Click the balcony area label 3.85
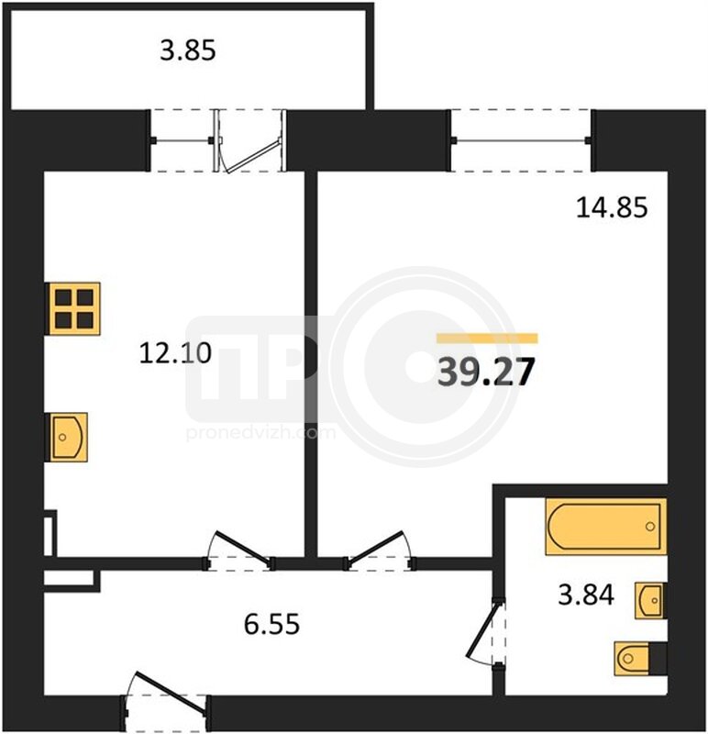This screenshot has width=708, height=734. pyautogui.click(x=188, y=50)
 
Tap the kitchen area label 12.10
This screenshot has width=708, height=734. pyautogui.click(x=175, y=353)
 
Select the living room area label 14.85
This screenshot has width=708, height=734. pyautogui.click(x=612, y=207)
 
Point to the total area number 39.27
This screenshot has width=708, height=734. pyautogui.click(x=486, y=373)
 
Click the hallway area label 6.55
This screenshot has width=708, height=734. pyautogui.click(x=271, y=624)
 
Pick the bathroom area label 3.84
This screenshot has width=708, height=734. pyautogui.click(x=586, y=595)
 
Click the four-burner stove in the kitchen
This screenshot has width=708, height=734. pyautogui.click(x=73, y=308)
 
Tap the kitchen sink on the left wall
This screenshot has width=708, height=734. pyautogui.click(x=67, y=438)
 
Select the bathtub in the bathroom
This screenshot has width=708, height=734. pyautogui.click(x=606, y=527)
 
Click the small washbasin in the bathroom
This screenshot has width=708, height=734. pyautogui.click(x=650, y=600)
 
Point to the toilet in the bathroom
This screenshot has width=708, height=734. pyautogui.click(x=641, y=659)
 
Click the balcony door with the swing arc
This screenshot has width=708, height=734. pyautogui.click(x=250, y=141)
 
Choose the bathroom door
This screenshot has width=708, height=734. pyautogui.click(x=487, y=633)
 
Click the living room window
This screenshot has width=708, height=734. pyautogui.click(x=521, y=140)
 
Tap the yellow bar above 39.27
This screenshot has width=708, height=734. pyautogui.click(x=487, y=338)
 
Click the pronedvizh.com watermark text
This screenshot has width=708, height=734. pyautogui.click(x=260, y=432)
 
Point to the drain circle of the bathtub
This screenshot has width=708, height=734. pyautogui.click(x=650, y=527)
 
